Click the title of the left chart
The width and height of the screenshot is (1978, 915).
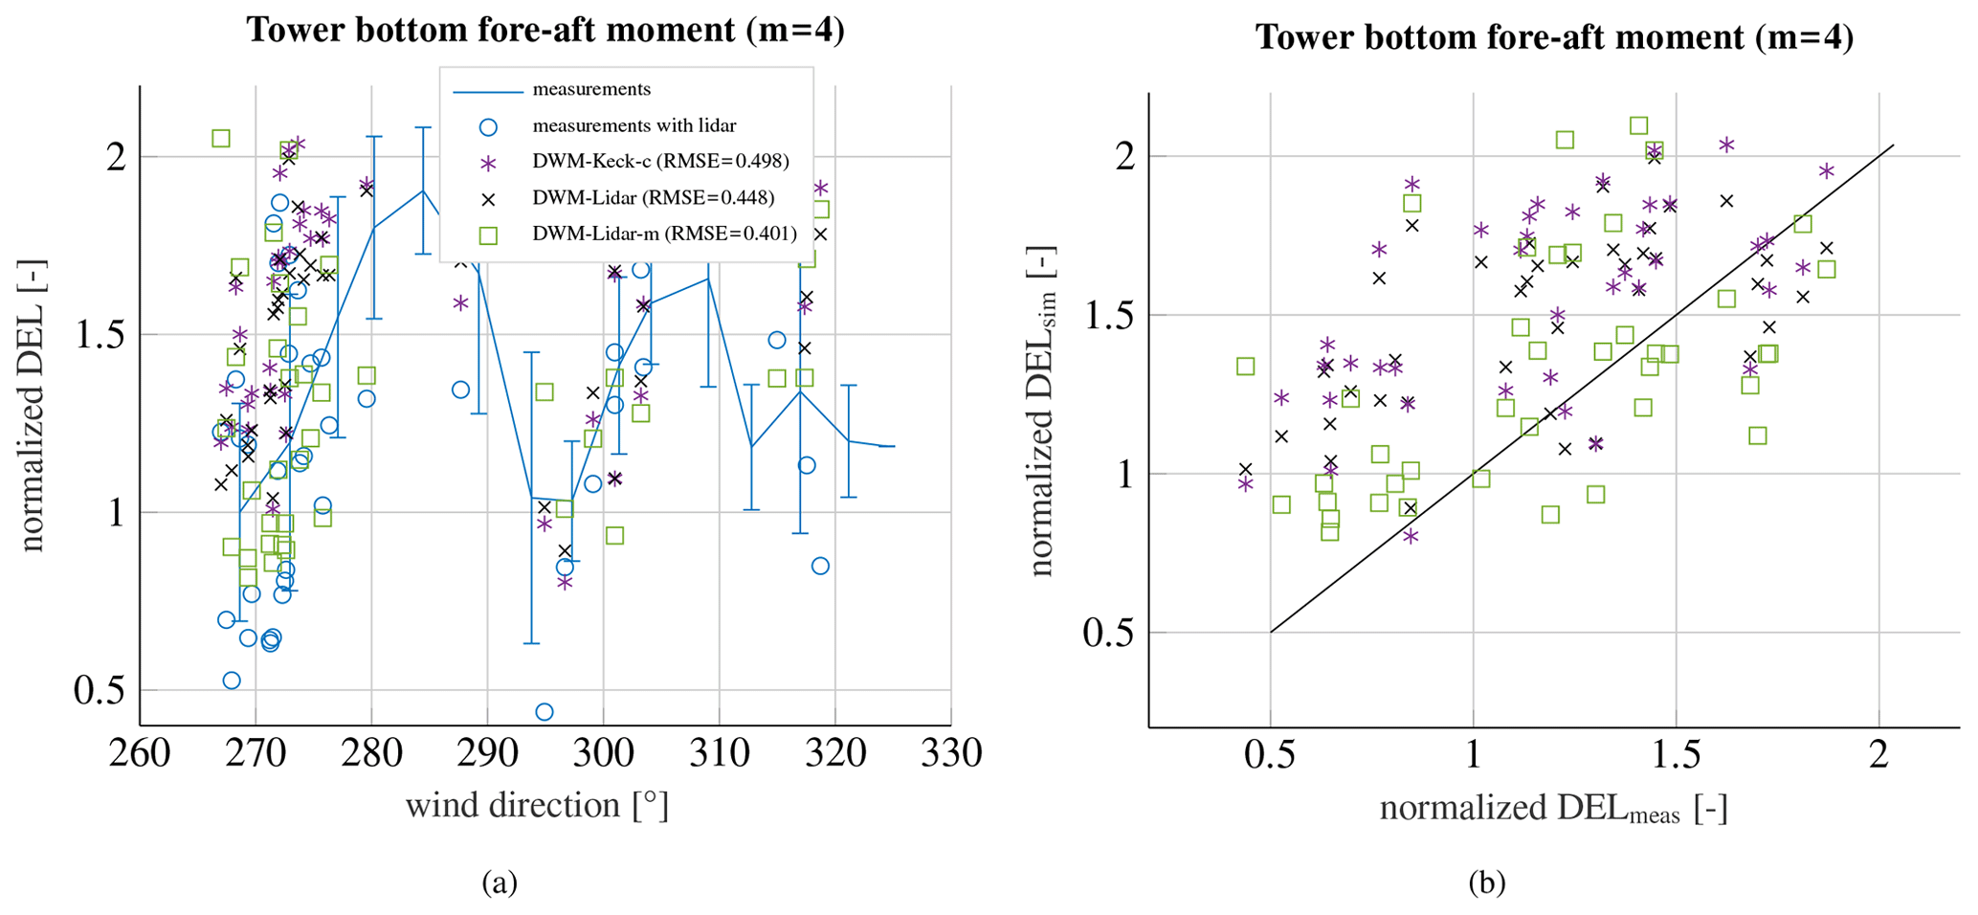click(545, 30)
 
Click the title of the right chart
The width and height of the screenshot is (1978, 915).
click(1554, 37)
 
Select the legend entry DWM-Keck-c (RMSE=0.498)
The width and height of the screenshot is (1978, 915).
click(660, 161)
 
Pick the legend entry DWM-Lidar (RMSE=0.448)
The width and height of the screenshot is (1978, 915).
click(653, 198)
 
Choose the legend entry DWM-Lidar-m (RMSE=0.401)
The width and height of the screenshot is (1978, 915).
click(664, 234)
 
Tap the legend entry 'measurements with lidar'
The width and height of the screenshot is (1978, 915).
click(633, 125)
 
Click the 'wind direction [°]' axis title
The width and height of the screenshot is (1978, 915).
click(537, 806)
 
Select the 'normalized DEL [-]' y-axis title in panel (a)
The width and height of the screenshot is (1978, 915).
click(32, 406)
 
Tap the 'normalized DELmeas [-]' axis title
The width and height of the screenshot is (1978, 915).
click(1553, 810)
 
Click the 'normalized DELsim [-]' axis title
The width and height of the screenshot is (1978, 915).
click(1040, 412)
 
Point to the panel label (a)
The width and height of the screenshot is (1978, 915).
click(500, 882)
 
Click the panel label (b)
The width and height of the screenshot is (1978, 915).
click(1487, 882)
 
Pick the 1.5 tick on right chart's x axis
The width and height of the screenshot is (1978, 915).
click(1677, 755)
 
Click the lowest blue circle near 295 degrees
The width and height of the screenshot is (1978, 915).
click(545, 712)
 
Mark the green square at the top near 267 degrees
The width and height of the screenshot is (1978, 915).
click(221, 139)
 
